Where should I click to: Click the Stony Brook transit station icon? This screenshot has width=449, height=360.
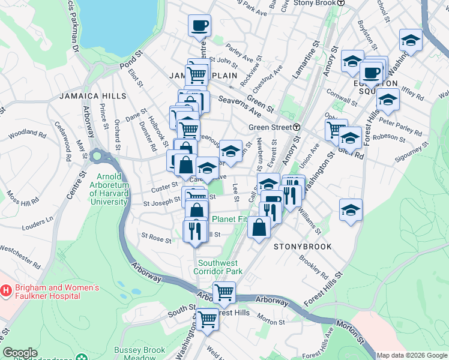pos(341,3)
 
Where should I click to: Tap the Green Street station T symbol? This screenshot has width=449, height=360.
pos(297,127)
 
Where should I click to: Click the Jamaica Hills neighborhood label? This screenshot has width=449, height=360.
pos(92,96)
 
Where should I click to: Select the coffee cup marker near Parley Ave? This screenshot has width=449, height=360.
pos(199,26)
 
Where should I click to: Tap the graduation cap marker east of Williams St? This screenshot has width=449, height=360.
pos(351,210)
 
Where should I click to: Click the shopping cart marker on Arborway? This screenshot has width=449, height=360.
pos(224,293)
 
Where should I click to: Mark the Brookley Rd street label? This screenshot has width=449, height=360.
pos(313,268)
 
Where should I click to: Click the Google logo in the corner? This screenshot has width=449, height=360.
pos(20,353)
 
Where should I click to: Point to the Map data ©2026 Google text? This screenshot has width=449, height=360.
pos(412,355)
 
